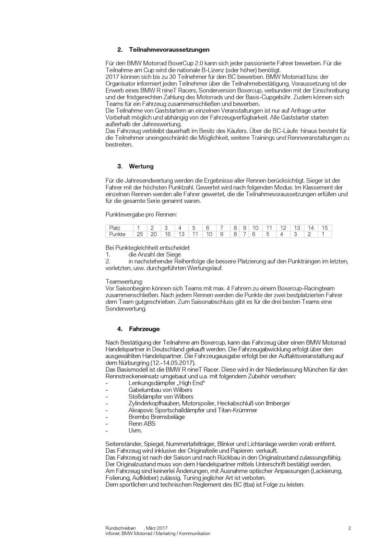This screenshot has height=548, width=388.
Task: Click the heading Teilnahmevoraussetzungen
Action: (169, 50)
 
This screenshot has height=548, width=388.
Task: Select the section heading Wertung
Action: (141, 167)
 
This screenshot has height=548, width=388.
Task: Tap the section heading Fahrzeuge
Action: (144, 329)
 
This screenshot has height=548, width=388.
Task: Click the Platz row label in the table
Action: (115, 228)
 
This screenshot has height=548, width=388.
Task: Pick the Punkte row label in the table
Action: (117, 234)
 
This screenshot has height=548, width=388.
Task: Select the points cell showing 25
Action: (140, 234)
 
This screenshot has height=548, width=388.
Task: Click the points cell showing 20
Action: (153, 234)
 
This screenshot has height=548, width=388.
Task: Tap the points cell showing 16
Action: (167, 234)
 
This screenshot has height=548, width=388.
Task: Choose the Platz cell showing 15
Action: (325, 228)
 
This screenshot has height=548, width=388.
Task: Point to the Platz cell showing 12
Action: (283, 228)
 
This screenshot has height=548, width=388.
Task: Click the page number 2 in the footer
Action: (349, 528)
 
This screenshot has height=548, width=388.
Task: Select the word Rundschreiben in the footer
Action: (120, 528)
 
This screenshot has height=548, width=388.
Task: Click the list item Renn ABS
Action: (142, 424)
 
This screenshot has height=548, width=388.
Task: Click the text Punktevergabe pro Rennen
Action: (141, 215)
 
